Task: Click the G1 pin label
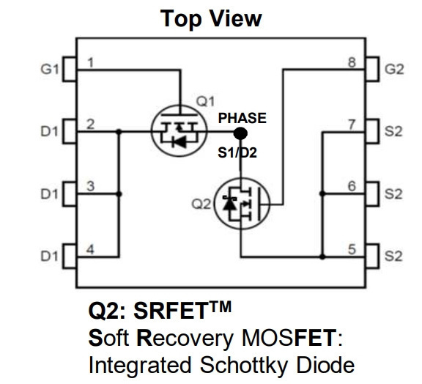pos(50,70)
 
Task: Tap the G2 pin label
pos(394,70)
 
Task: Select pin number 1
pos(91,62)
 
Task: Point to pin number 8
pos(352,62)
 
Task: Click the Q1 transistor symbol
pos(179,130)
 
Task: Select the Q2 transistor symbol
pos(242,204)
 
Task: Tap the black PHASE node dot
pos(240,133)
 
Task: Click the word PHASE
pos(243,118)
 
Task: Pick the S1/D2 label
pos(237,152)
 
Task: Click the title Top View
pos(211,18)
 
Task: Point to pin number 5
pos(352,249)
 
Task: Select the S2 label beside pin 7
pos(393,131)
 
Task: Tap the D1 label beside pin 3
pos(49,194)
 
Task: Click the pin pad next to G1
pos(70,69)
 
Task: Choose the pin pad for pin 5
pos(372,256)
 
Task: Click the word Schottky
pos(243,366)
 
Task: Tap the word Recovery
pos(185,338)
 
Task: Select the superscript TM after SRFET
pos(220,306)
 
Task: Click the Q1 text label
pos(205,102)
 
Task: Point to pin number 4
pos(90,250)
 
